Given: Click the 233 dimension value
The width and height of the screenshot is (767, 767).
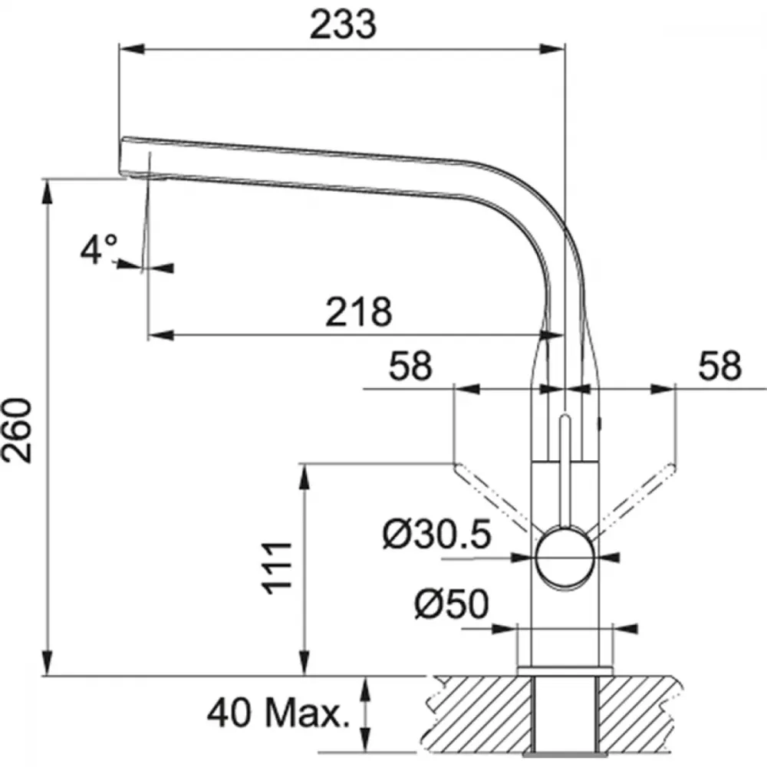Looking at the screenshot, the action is pos(344,25).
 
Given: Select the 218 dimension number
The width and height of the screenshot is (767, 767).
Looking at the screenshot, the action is pos(358,311).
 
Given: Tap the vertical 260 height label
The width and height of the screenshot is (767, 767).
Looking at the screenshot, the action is pos(17,430).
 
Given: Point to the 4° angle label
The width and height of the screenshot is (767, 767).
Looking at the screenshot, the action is pos(98,249).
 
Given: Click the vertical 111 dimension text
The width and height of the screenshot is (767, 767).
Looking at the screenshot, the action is pos(277,568).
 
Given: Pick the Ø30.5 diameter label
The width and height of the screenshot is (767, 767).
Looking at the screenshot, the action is pos(437,534).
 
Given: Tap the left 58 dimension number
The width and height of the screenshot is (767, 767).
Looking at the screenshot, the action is pos(410,365).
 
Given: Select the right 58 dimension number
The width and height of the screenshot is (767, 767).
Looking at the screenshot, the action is pos(719,365).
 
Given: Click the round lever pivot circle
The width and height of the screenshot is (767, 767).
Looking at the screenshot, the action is pos(565,557).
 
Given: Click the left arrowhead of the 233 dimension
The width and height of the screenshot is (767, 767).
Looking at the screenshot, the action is pos(132,49).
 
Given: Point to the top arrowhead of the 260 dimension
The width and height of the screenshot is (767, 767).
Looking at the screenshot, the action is pos(48,192).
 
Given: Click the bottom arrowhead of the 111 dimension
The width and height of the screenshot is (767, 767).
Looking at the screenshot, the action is pos(304,663).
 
